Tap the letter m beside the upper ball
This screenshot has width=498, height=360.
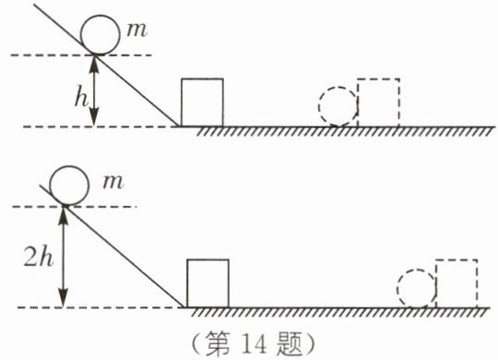pyautogui.click(x=136, y=30)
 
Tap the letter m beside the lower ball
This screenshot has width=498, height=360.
pyautogui.click(x=113, y=182)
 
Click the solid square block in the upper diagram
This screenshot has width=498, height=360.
pyautogui.click(x=182, y=102)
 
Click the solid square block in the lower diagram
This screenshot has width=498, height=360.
pyautogui.click(x=187, y=283)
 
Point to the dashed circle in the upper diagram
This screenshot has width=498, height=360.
pyautogui.click(x=319, y=106)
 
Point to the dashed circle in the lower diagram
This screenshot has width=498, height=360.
pyautogui.click(x=397, y=289)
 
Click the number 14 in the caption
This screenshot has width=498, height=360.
pyautogui.click(x=255, y=344)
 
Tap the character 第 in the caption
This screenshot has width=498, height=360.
pyautogui.click(x=218, y=344)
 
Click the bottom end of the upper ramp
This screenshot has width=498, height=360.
pyautogui.click(x=179, y=126)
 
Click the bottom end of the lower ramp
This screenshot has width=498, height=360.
pyautogui.click(x=184, y=307)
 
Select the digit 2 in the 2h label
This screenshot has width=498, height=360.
pyautogui.click(x=31, y=257)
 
